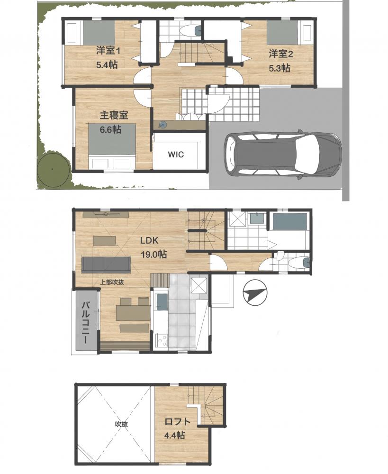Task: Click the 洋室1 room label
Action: tap(108, 51)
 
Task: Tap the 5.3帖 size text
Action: tap(280, 68)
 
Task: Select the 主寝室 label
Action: tap(114, 115)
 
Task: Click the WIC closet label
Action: tap(176, 155)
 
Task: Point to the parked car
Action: tap(282, 155)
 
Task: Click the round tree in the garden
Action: tap(53, 169)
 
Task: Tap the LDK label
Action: tap(149, 241)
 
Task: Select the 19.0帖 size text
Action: tap(153, 254)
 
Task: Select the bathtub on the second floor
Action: tap(290, 222)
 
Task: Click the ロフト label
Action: tap(178, 422)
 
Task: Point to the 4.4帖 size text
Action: tap(175, 435)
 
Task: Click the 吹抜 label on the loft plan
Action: tap(121, 424)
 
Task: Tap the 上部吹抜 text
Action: tap(112, 283)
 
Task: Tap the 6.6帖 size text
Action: tap(110, 130)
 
